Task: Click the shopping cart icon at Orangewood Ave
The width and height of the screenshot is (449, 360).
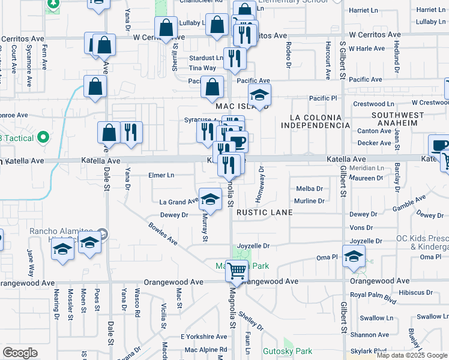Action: pyautogui.click(x=237, y=271)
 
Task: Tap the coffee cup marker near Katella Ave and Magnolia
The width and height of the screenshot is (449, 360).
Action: pyautogui.click(x=238, y=142)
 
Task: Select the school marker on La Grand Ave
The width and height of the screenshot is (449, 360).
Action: pyautogui.click(x=210, y=199)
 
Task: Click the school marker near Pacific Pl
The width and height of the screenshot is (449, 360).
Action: pyautogui.click(x=259, y=94)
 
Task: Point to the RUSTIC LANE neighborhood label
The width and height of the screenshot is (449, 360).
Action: pyautogui.click(x=264, y=212)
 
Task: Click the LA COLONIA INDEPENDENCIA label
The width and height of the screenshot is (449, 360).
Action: pyautogui.click(x=315, y=121)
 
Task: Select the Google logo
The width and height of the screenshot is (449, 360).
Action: pyautogui.click(x=20, y=353)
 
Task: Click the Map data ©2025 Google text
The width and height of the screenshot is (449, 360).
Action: pyautogui.click(x=411, y=356)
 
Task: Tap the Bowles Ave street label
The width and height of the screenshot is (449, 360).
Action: pyautogui.click(x=163, y=234)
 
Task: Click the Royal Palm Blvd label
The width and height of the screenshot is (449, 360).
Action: pyautogui.click(x=374, y=295)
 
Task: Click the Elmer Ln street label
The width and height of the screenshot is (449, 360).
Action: pyautogui.click(x=161, y=175)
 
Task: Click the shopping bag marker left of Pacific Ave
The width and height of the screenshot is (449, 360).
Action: pyautogui.click(x=212, y=87)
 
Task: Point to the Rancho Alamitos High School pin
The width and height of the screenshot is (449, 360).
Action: pyautogui.click(x=103, y=233)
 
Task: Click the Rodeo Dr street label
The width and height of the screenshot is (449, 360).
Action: pyautogui.click(x=289, y=54)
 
